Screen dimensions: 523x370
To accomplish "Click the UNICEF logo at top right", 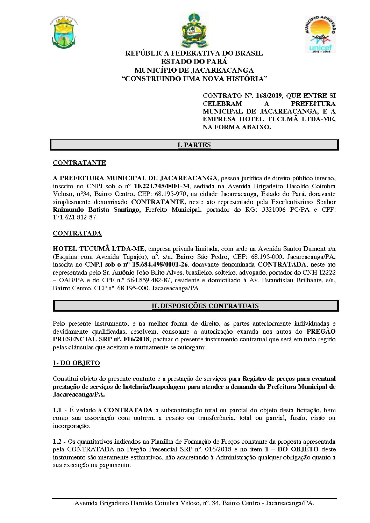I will pos(320,34).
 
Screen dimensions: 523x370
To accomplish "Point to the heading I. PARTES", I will pos(194,145).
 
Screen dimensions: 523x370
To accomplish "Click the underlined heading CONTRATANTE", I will pos(79,163).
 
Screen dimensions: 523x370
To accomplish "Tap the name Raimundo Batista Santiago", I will pos(96,210).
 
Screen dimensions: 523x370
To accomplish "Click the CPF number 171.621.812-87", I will pos(75,217).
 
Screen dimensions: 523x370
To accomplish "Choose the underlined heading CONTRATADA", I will pos(77,233).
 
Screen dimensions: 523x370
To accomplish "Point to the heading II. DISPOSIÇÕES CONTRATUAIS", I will pos(205,306).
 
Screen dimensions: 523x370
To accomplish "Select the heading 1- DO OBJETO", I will pos(76,363).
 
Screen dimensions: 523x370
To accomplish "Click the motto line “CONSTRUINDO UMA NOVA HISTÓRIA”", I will pos(194,79).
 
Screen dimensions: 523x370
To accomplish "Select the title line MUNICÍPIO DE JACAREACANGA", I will pos(194,70).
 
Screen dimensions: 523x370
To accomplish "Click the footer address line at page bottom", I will pos(194,503).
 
